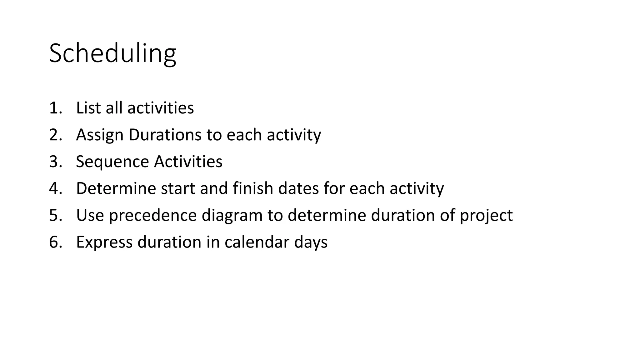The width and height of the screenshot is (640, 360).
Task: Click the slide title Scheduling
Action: coord(112,54)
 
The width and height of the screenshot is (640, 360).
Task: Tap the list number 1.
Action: coord(54,108)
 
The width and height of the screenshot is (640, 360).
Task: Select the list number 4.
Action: coord(55,188)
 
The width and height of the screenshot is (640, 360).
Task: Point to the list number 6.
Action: coord(55,242)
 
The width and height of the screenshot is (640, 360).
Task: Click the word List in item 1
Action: coord(88,108)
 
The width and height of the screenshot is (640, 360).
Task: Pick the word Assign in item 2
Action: coord(100,135)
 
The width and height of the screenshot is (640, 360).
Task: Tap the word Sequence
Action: coord(112,162)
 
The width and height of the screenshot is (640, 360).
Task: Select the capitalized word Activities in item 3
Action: coord(188,162)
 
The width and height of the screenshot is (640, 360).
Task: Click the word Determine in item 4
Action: coord(116,188)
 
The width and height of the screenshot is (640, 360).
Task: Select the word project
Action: coord(486,216)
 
